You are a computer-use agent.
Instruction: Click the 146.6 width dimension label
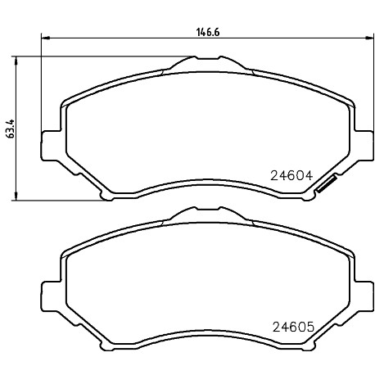click(x=208, y=33)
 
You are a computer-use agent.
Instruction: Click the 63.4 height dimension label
click(x=10, y=129)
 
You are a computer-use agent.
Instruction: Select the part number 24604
click(x=291, y=176)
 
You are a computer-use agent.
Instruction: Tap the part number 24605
click(x=294, y=327)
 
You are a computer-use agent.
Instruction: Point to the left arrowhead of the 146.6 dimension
click(x=45, y=38)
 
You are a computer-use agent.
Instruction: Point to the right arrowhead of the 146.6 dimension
click(x=369, y=38)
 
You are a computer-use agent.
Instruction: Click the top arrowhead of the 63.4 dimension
click(x=16, y=61)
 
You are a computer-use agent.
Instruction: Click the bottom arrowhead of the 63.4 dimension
click(x=16, y=197)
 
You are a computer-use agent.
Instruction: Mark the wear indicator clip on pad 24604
click(x=326, y=184)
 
